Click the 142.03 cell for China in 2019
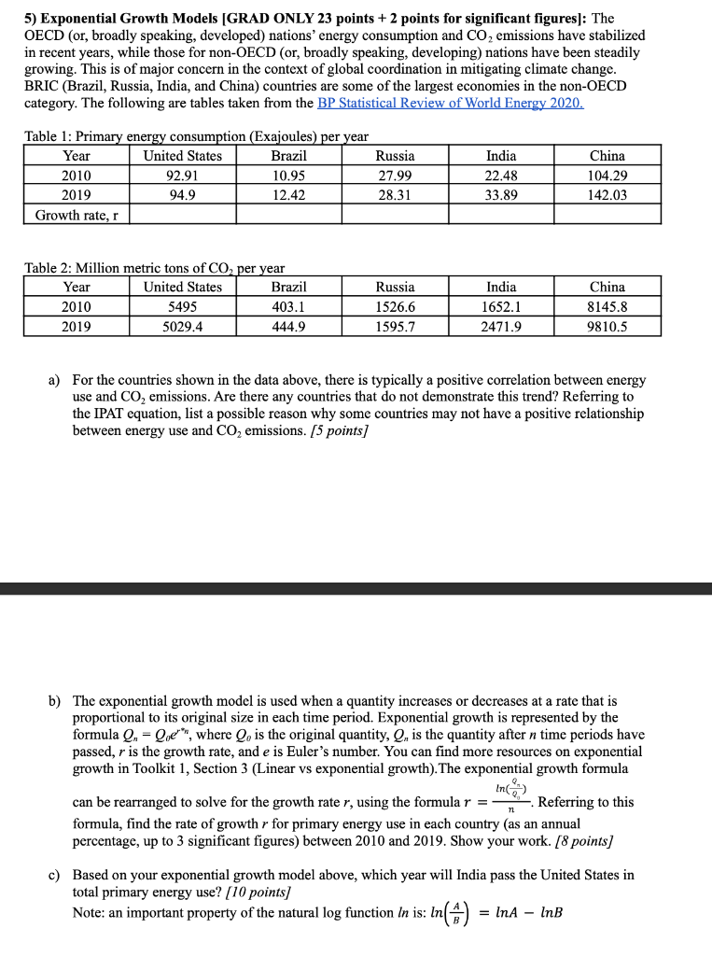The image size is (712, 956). (607, 194)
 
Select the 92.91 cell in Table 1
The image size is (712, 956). (182, 175)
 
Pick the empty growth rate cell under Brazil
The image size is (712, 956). (288, 215)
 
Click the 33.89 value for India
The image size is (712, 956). (501, 194)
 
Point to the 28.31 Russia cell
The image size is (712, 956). (395, 194)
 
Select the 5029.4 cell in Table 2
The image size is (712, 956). (182, 327)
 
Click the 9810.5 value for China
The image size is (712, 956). (607, 327)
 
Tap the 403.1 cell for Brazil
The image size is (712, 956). (288, 307)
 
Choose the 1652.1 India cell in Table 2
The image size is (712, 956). (501, 307)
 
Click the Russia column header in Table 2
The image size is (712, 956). (395, 288)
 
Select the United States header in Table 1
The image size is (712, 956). (182, 155)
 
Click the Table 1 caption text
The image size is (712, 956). (197, 137)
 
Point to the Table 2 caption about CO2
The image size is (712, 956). (154, 269)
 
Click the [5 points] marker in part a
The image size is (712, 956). (326, 430)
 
